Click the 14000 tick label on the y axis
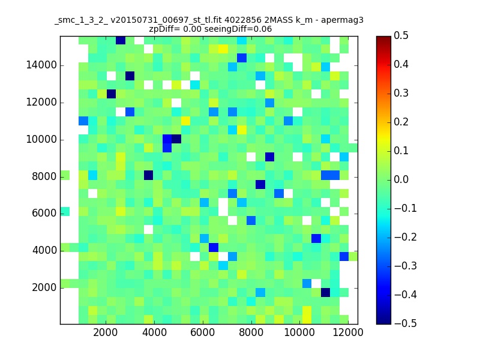click(41, 65)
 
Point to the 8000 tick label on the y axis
click(44, 176)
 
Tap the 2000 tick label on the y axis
click(44, 288)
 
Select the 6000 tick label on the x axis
click(202, 332)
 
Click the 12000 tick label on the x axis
click(348, 332)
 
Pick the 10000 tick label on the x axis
click(299, 332)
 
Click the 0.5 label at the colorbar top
click(401, 35)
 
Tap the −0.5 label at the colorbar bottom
click(406, 323)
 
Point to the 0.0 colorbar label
click(401, 179)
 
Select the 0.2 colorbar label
click(401, 122)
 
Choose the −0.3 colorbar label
click(406, 266)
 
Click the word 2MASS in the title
click(278, 20)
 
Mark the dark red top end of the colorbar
click(383, 38)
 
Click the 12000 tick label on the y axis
click(41, 102)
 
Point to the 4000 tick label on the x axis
click(154, 332)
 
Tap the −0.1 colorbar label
click(406, 208)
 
